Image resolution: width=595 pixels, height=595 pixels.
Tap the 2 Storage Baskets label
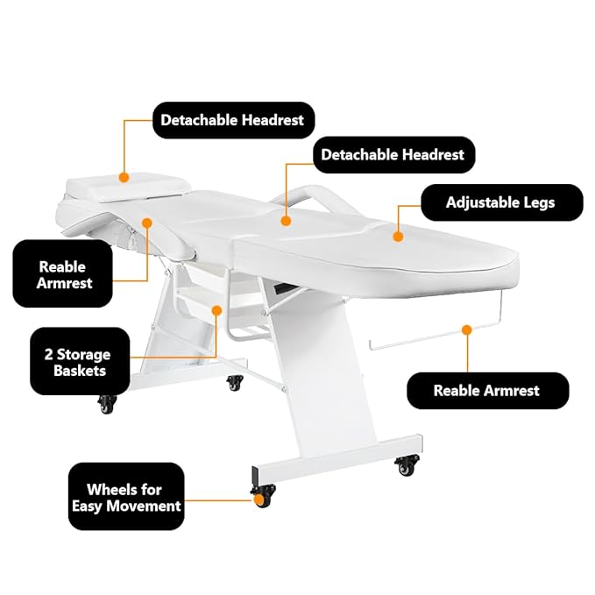coord(77,363)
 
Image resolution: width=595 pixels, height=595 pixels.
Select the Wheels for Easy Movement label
coord(125,497)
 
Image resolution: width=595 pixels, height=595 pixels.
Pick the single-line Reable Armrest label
coord(486,391)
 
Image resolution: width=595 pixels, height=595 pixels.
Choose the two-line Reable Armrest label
coord(64,273)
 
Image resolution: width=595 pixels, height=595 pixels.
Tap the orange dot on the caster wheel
coord(261,501)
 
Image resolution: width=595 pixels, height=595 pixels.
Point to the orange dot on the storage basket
coord(216,308)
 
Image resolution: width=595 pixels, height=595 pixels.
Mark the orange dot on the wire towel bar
coord(466,330)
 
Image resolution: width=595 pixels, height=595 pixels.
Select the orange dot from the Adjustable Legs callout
coord(397,235)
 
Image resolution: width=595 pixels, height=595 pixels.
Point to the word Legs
coord(536,202)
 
